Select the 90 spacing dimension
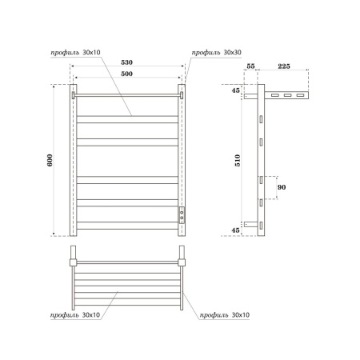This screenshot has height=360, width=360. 279,187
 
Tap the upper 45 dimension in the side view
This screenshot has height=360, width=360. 235,90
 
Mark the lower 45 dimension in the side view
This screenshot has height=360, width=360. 235,230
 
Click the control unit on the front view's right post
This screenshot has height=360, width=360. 182,214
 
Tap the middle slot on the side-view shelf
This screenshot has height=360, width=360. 287,96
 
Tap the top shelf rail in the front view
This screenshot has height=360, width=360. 126,95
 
